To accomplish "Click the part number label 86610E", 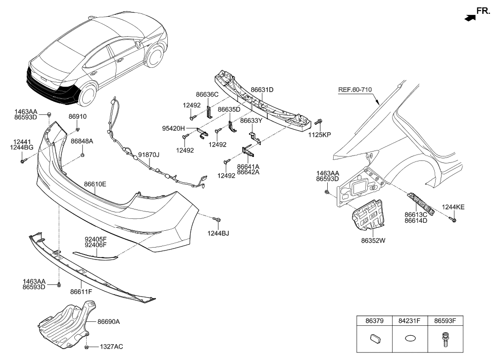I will [95, 184].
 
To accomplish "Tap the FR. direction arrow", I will [468, 18].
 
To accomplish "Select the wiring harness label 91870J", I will [149, 155].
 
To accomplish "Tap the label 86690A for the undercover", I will [108, 321].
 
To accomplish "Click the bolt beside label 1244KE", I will [452, 218].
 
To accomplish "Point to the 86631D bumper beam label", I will [262, 90].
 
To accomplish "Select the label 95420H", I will [173, 128].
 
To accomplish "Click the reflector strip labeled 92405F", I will [96, 256].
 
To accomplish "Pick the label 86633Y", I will [252, 120].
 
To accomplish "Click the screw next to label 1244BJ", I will [217, 219].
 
